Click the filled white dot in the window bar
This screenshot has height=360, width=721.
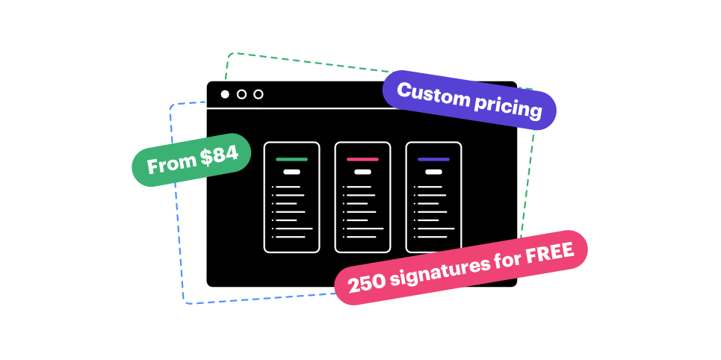coord(225,94)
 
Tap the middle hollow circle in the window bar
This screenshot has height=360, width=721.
coord(241,94)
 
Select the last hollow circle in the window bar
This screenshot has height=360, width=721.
coord(259,94)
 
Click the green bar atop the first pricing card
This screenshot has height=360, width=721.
coord(291,159)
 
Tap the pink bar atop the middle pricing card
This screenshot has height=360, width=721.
coord(362,159)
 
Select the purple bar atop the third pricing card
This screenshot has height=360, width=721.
coord(433,159)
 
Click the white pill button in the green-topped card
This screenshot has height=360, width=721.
coord(291,172)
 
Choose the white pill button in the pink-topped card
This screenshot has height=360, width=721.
coord(362,172)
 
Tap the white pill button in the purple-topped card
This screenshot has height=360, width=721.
coord(433,172)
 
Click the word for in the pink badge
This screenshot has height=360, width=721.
coord(510,258)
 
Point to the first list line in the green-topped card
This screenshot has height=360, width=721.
coord(288,187)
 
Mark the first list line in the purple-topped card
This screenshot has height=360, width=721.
coord(430,187)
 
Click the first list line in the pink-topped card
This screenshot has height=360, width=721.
coord(359,187)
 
